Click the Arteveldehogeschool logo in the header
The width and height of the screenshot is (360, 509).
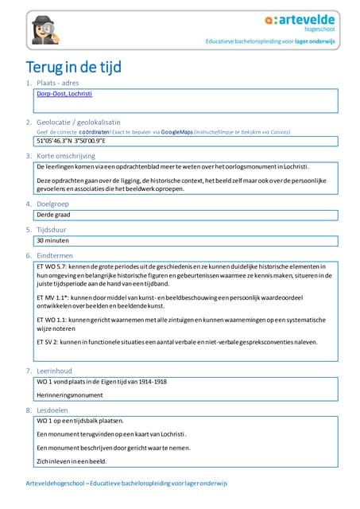pyautogui.click(x=301, y=22)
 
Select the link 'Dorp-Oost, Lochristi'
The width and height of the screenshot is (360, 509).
pyautogui.click(x=64, y=94)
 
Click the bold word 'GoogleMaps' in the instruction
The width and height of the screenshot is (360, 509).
pyautogui.click(x=177, y=131)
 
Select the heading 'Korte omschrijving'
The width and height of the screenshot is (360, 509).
pyautogui.click(x=66, y=156)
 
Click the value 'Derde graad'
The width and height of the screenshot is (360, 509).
pyautogui.click(x=55, y=215)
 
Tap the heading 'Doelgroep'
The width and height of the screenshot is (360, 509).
pyautogui.click(x=56, y=204)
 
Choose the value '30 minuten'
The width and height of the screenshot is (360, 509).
pyautogui.click(x=52, y=239)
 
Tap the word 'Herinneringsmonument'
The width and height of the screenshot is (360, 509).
pyautogui.click(x=70, y=395)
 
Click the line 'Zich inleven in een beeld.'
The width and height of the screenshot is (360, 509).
pyautogui.click(x=72, y=460)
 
